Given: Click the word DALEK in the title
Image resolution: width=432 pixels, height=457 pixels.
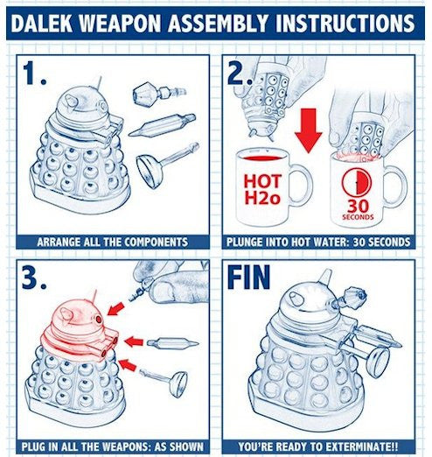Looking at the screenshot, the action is (42, 23).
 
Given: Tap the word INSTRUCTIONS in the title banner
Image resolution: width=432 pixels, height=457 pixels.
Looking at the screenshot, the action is (345, 23).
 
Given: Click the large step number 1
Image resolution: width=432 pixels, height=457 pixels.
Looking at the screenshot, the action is (34, 74).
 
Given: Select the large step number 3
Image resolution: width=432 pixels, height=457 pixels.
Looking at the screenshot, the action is (34, 278).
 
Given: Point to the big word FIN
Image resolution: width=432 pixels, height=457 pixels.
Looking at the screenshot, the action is (248, 277).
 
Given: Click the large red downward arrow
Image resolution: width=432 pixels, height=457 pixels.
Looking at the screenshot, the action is (308, 130).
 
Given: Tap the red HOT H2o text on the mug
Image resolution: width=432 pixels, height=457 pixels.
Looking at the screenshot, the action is (262, 189).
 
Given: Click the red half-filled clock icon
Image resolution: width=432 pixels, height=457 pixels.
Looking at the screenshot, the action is (357, 182).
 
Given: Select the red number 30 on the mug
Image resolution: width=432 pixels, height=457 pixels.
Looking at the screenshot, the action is (358, 207).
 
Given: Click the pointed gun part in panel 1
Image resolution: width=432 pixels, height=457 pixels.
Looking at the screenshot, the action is (162, 125).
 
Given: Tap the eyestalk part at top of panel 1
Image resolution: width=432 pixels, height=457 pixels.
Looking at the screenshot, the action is (159, 94).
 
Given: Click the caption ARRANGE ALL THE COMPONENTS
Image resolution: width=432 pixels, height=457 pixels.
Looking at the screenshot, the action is (113, 242).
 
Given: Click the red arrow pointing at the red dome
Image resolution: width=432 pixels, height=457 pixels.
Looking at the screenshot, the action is (115, 309).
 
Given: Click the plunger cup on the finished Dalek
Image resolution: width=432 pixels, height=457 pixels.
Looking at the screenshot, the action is (379, 362).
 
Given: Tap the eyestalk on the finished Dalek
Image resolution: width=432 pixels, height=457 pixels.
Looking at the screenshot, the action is (349, 299).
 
